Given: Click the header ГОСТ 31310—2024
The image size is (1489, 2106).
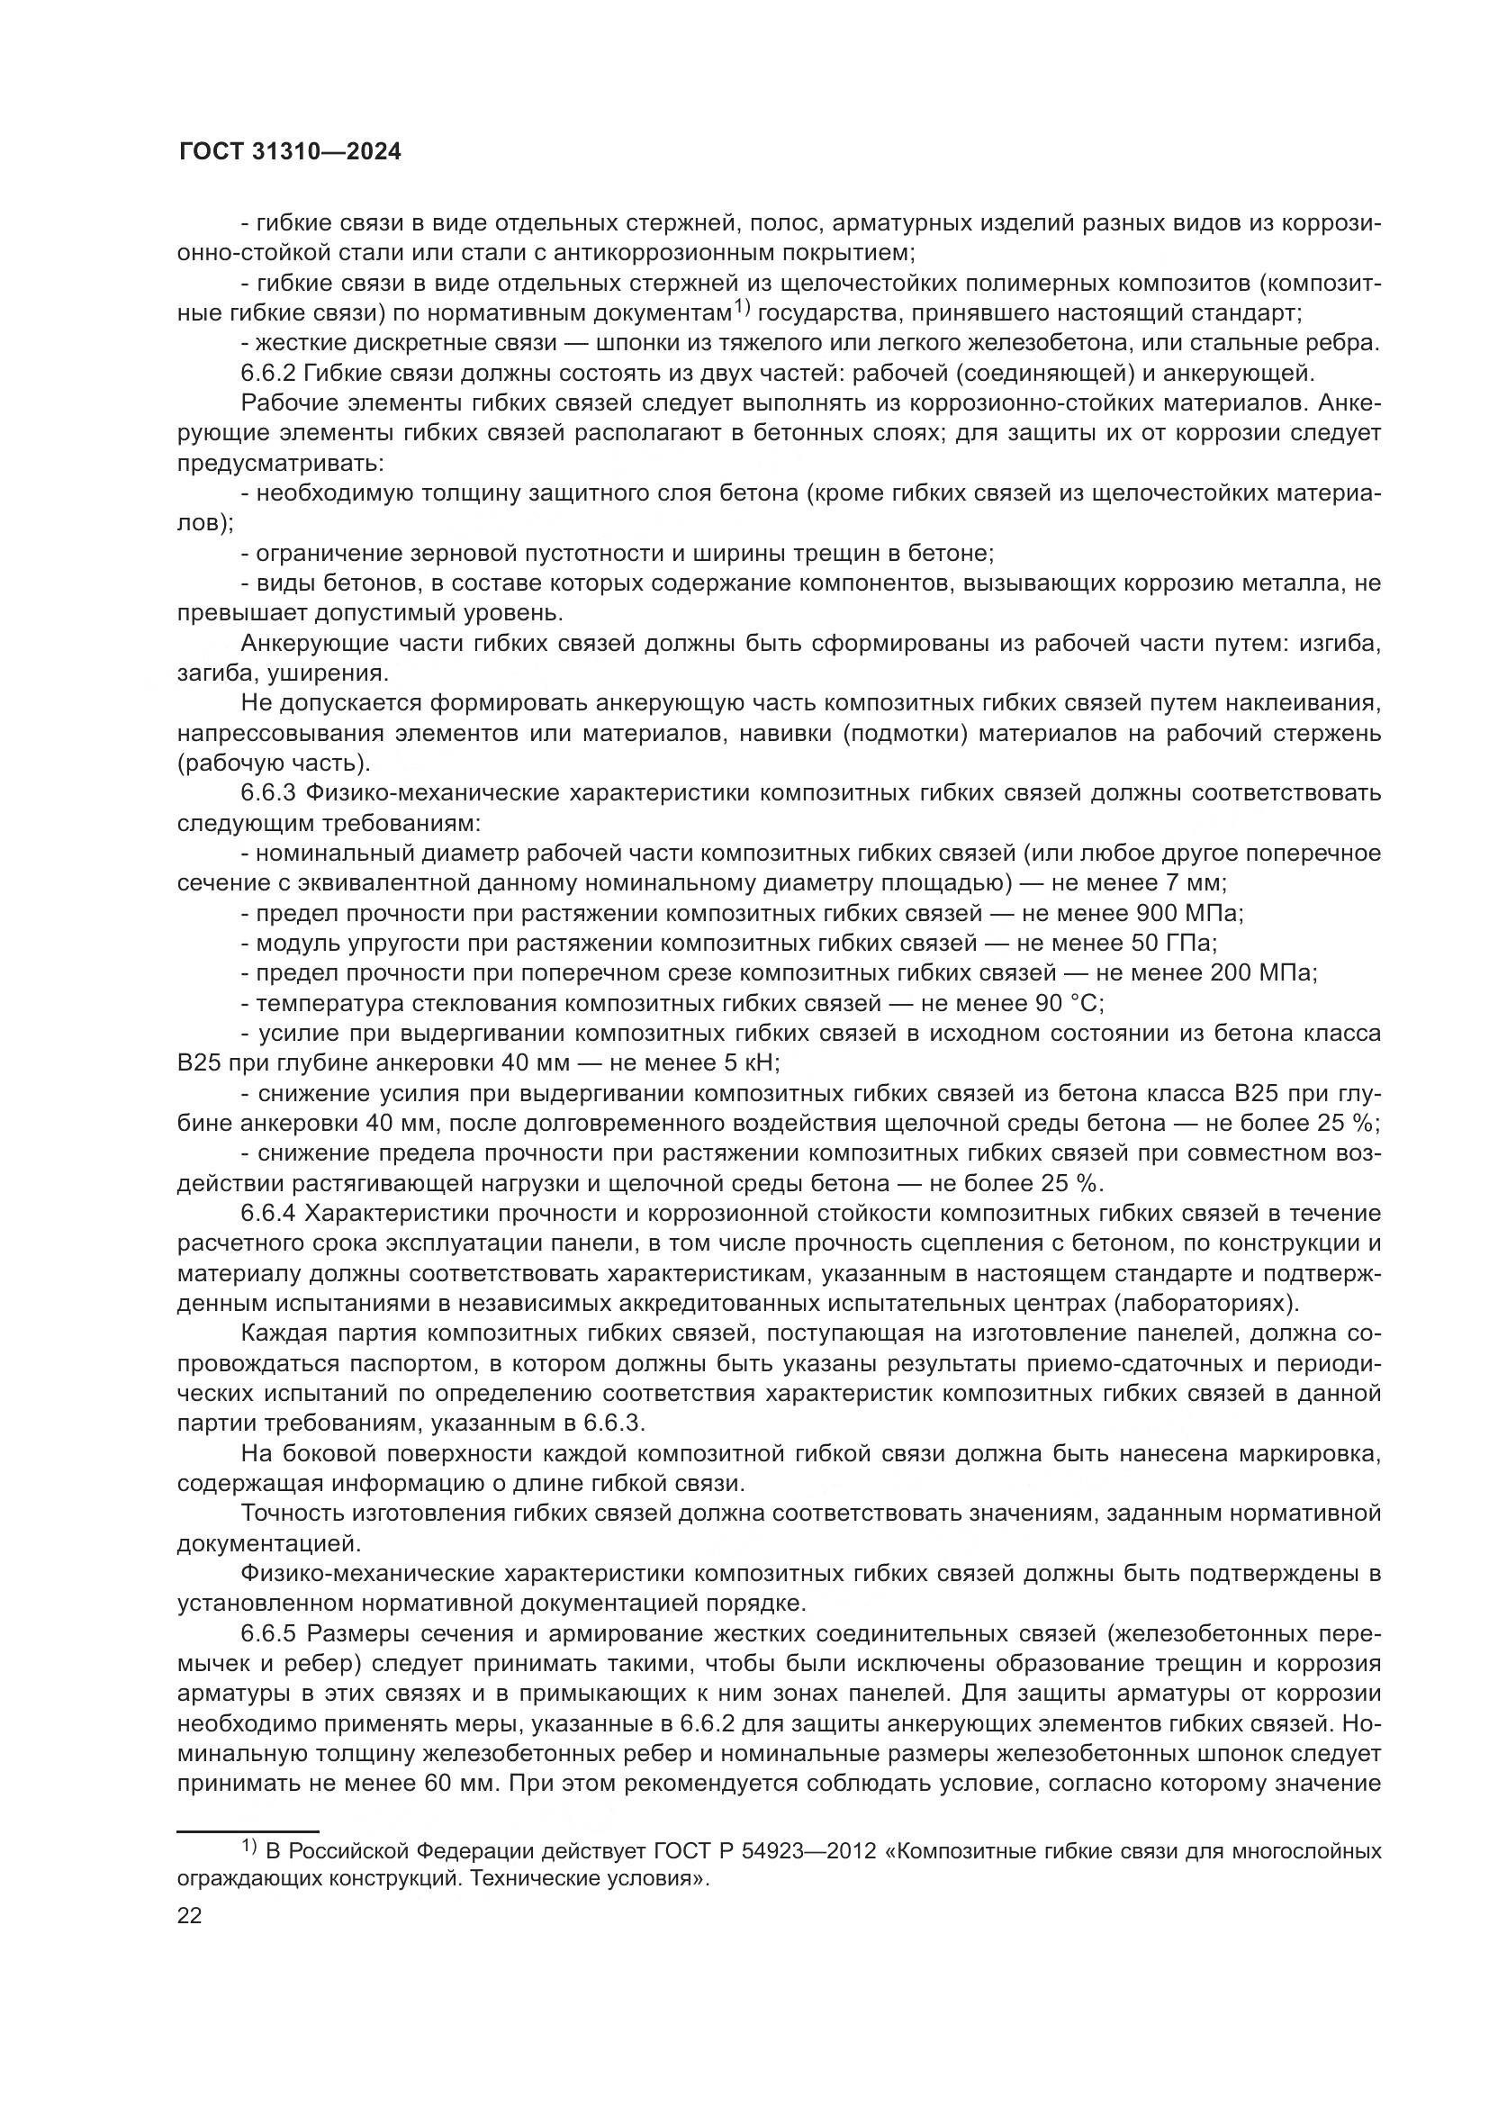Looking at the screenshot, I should click(x=290, y=152).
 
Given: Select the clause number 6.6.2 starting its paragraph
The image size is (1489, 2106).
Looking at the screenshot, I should click(x=268, y=374).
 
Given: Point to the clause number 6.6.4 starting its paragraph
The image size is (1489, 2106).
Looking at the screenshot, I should click(x=268, y=1214).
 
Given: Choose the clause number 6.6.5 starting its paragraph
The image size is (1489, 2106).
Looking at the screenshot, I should click(x=268, y=1633).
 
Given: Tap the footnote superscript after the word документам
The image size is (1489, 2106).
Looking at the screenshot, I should click(x=741, y=307).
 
